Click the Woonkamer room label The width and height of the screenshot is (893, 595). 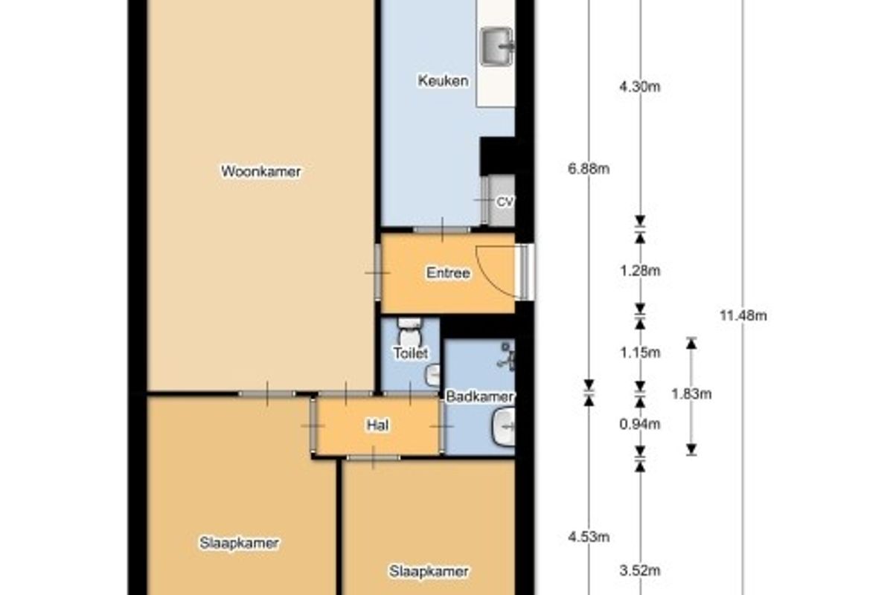coord(260,171)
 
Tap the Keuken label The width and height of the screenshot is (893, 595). coord(443,81)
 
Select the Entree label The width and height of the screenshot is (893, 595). coord(448,273)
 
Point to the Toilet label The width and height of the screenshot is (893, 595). coord(411,353)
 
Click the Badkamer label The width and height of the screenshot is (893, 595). coord(479,396)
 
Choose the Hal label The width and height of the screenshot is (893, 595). coord(377,425)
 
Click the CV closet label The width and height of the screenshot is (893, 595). coord(505,202)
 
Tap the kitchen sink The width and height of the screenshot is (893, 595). coord(497,47)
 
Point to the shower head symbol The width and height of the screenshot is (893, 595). coord(506,356)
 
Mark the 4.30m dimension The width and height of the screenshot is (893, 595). coord(639,87)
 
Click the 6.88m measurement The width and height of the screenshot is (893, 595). coord(589,169)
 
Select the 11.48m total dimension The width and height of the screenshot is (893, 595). coord(743,315)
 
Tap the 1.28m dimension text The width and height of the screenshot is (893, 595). coord(640,271)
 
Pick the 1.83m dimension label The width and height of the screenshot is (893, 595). coord(691,394)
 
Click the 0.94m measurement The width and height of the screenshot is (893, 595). coord(639,425)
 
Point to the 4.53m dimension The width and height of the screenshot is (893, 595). coord(589,537)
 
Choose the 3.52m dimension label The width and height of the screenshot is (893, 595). coord(639,570)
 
